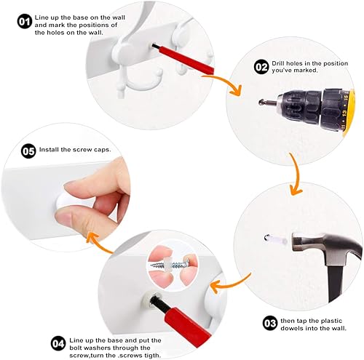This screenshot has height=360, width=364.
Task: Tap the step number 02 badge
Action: tap(261, 67)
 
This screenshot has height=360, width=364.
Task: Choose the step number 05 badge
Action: tap(28, 151)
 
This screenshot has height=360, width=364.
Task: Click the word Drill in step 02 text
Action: tap(282, 62)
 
